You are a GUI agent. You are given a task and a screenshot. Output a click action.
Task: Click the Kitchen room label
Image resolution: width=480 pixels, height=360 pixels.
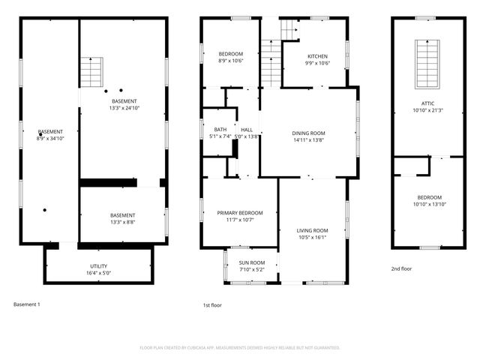click(x=317, y=56)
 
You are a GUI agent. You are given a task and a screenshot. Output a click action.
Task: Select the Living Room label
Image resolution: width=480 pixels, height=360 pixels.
click(x=312, y=230)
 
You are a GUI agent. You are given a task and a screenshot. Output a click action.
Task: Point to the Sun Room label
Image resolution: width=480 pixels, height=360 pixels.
click(x=250, y=262)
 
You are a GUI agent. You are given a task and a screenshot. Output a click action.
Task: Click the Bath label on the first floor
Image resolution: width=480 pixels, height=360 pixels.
click(x=220, y=130)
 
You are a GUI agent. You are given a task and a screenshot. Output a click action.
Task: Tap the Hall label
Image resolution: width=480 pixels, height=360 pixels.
click(x=246, y=130)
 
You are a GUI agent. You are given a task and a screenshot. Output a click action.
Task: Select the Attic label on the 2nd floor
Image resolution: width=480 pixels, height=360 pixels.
click(x=427, y=103)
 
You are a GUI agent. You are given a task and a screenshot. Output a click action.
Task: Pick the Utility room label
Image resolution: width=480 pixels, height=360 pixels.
click(x=99, y=266)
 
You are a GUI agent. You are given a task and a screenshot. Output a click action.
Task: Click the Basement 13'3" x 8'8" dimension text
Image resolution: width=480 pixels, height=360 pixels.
click(x=122, y=223)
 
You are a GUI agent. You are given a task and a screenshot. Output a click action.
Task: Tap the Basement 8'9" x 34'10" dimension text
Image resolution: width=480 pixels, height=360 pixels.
click(x=50, y=139)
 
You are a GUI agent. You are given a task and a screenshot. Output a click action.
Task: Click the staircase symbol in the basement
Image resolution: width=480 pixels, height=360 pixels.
click(x=91, y=72)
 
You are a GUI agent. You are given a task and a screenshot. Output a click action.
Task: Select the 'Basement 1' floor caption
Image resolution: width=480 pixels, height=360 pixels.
click(x=27, y=304)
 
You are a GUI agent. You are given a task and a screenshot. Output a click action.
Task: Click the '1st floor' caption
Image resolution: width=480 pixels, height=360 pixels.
click(x=212, y=305)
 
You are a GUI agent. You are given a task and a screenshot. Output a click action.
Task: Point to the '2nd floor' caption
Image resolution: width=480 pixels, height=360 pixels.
click(x=401, y=268)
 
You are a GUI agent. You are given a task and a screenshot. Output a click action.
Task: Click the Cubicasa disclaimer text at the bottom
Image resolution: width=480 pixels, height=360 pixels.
click(x=240, y=347)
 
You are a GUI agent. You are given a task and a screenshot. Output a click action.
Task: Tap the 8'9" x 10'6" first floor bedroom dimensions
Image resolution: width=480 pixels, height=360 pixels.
click(x=230, y=61)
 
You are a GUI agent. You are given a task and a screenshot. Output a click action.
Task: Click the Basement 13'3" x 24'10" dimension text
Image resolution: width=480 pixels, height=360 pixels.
click(x=124, y=108)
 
